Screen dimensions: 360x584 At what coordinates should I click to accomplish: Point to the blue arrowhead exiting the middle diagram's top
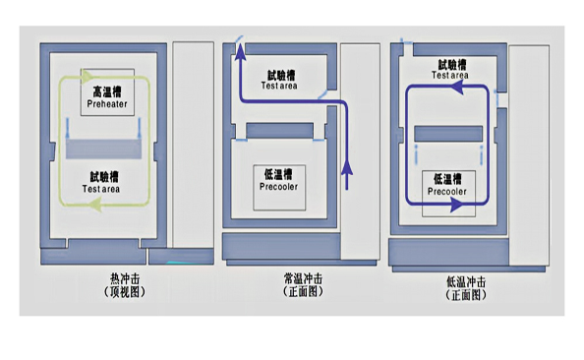tap(238, 41)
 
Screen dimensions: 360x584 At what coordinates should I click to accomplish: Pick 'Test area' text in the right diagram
tap(448, 74)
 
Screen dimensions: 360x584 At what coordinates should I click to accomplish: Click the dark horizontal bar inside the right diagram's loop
tap(448, 133)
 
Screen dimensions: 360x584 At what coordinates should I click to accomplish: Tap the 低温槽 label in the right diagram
tap(448, 179)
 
